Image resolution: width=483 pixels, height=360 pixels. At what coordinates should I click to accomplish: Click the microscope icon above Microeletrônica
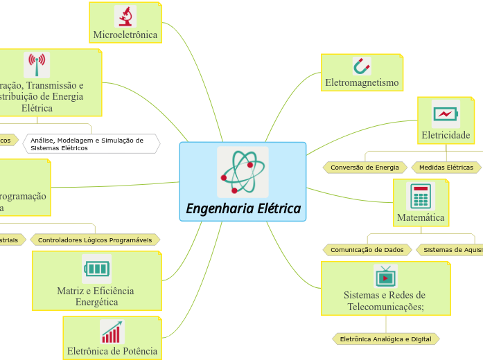tap(125, 16)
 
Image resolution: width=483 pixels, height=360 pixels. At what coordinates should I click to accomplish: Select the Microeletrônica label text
tap(125, 35)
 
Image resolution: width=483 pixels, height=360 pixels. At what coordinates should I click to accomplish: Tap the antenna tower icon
tap(37, 65)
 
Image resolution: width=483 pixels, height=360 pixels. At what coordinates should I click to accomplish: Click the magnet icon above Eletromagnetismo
tap(362, 66)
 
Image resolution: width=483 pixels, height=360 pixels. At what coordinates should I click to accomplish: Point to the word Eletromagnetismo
tap(362, 83)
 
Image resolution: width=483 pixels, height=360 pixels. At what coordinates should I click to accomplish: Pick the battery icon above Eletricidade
tap(445, 114)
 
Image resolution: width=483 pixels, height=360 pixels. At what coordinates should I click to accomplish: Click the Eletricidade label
tap(446, 134)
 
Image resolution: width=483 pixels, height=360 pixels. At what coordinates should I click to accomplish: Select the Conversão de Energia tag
tap(365, 168)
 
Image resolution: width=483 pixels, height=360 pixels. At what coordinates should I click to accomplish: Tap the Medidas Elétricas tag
tap(446, 168)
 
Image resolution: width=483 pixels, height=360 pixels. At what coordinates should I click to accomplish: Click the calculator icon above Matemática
tap(420, 196)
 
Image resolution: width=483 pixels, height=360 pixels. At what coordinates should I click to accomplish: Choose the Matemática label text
tap(421, 217)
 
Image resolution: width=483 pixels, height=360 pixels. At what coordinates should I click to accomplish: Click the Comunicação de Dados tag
tap(367, 249)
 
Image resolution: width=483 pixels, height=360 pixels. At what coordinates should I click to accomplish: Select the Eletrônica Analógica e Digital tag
tap(385, 339)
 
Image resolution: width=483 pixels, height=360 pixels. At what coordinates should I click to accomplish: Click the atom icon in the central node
tap(242, 172)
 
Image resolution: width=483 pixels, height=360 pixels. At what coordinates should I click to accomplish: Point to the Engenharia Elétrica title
tap(243, 208)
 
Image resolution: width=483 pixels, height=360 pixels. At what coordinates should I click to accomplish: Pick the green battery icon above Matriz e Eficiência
tap(96, 268)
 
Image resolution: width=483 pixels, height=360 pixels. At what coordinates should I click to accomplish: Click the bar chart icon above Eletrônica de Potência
tap(112, 332)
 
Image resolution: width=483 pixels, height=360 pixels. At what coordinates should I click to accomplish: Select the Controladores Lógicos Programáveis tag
tap(95, 240)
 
